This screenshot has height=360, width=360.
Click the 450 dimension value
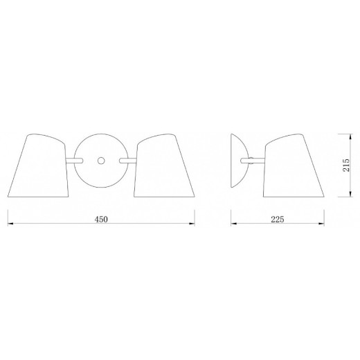101,219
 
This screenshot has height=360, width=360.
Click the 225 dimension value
278,219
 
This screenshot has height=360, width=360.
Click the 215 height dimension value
346,165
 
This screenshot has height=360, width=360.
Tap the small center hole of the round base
101,161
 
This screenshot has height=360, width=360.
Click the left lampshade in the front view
38,165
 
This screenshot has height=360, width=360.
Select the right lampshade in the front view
164,165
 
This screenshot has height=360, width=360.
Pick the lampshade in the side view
294,165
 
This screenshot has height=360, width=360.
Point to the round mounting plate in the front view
101,161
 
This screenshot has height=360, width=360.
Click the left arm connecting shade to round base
74,161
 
